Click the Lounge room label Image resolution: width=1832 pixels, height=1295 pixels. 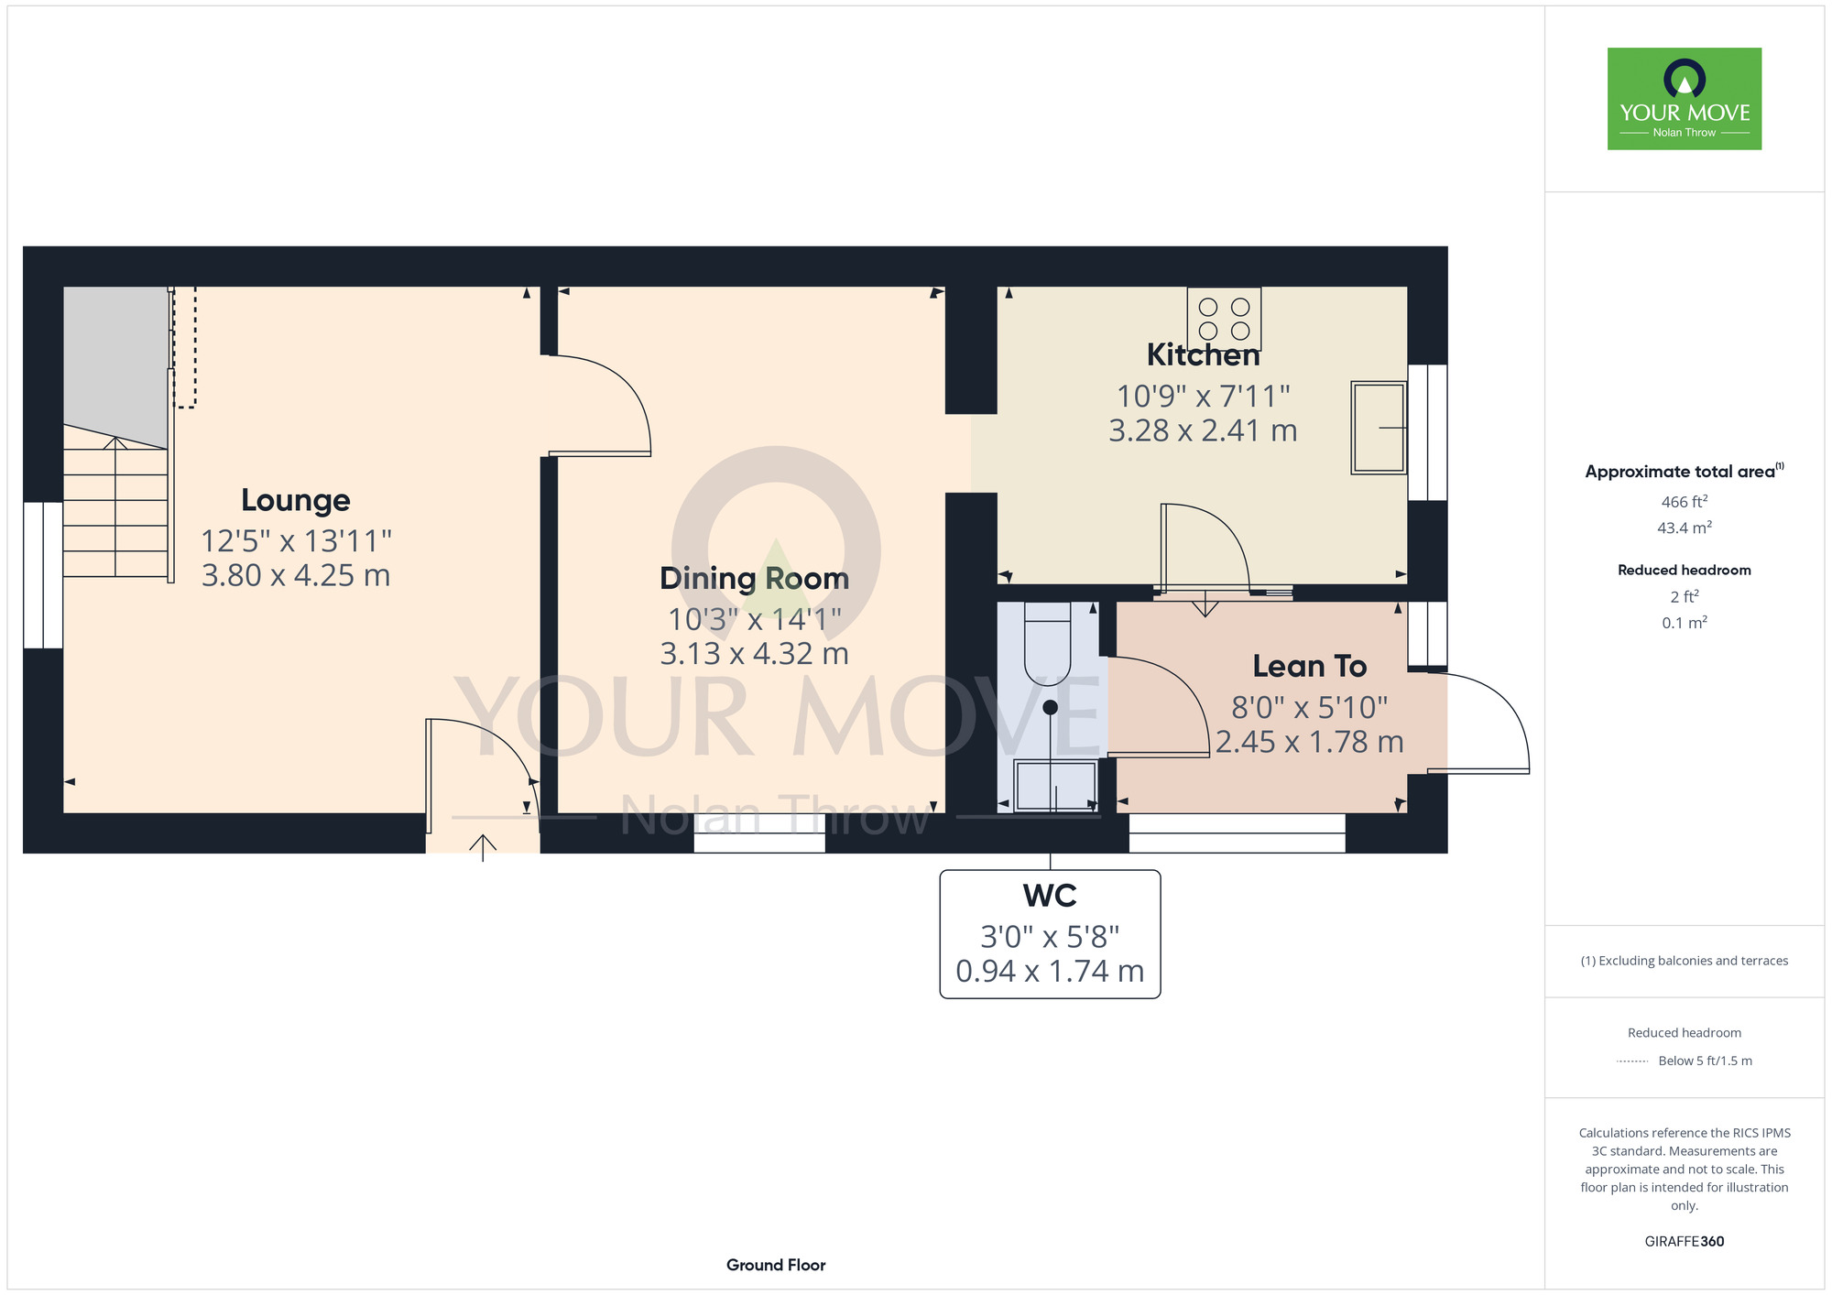[x=296, y=501]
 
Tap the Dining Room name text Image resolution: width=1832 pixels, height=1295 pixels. [x=755, y=579]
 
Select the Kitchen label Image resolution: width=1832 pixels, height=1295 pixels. [x=1204, y=354]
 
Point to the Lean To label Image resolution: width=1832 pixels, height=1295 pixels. [x=1310, y=666]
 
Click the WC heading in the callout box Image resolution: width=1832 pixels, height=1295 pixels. [x=1050, y=896]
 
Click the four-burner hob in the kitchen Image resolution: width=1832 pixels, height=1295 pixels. [x=1224, y=318]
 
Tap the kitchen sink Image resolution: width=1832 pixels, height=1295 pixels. [x=1379, y=428]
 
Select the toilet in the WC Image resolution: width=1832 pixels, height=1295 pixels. [x=1047, y=644]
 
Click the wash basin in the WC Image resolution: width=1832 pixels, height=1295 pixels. [x=1055, y=786]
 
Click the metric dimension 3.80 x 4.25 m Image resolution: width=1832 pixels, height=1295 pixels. [x=296, y=575]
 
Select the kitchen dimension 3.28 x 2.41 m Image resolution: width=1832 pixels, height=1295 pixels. [x=1204, y=430]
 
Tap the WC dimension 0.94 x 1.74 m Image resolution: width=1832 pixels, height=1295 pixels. [x=1050, y=971]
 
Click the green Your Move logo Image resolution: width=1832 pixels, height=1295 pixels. [x=1685, y=99]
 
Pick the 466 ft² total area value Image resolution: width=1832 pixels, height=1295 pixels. [x=1685, y=502]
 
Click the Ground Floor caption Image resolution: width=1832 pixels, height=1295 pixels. [x=776, y=1265]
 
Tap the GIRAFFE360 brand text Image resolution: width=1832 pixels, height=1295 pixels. [x=1685, y=1242]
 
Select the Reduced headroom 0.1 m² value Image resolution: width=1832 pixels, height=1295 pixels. [x=1685, y=623]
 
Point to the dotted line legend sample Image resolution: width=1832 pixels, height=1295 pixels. [x=1632, y=1061]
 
